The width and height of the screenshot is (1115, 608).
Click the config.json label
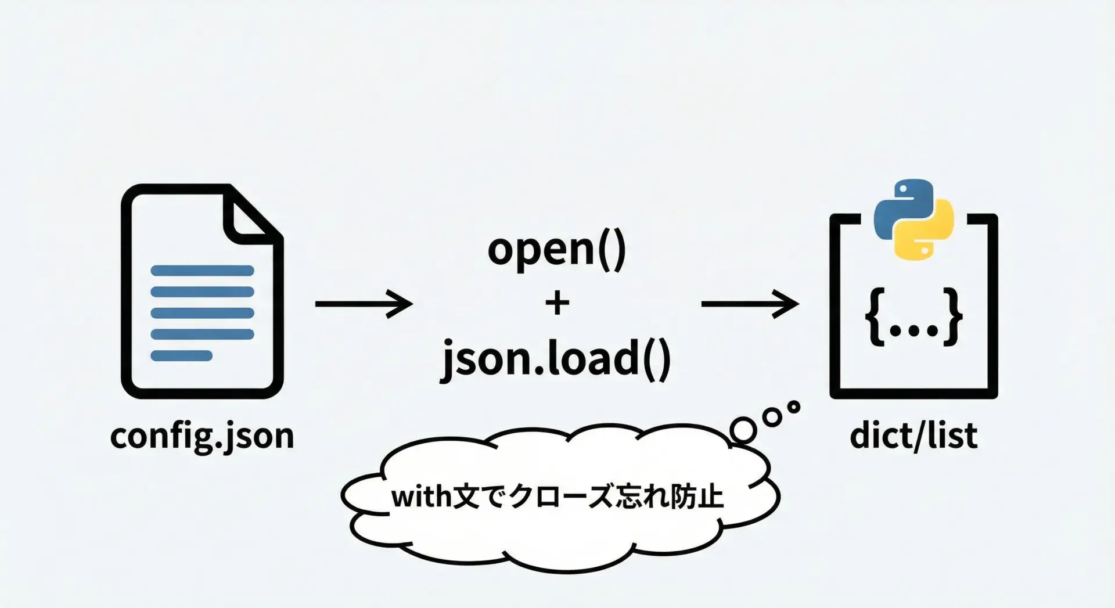tap(202, 436)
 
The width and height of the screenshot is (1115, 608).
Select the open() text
tap(557, 250)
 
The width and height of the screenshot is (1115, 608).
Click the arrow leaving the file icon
tap(364, 304)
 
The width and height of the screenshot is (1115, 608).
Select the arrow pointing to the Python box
tap(750, 304)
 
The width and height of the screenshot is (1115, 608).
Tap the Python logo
tap(913, 220)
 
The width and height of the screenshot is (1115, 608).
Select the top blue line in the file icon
tap(202, 271)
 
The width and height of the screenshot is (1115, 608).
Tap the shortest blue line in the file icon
tap(181, 355)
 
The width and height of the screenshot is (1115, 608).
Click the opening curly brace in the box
tap(875, 317)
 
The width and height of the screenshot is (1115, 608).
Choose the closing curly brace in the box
tap(952, 317)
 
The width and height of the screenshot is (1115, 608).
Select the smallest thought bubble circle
tap(793, 407)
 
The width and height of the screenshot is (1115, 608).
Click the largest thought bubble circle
tap(743, 430)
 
